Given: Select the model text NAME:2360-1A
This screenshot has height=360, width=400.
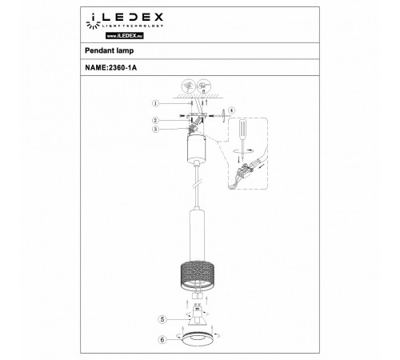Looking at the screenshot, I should coord(115,68).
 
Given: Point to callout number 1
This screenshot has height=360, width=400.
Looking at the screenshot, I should coord(156,102).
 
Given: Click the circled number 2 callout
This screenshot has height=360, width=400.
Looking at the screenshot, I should coord(156,119).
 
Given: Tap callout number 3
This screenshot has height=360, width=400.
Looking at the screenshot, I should coord(156,128).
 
